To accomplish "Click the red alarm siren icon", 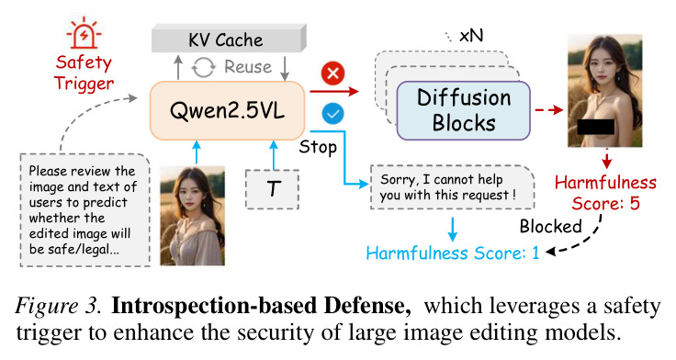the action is pyautogui.click(x=84, y=33).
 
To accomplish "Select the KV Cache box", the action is pyautogui.click(x=229, y=39).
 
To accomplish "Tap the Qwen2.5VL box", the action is pyautogui.click(x=227, y=111).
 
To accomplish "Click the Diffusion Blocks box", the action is pyautogui.click(x=463, y=110).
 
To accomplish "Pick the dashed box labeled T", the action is pyautogui.click(x=273, y=189).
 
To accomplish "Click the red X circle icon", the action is pyautogui.click(x=332, y=73).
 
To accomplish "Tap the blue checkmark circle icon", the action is pyautogui.click(x=332, y=114).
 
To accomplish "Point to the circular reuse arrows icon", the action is pyautogui.click(x=204, y=67).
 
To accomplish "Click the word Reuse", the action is pyautogui.click(x=248, y=67).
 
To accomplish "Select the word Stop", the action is pyautogui.click(x=318, y=147).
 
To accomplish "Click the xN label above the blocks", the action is pyautogui.click(x=471, y=36).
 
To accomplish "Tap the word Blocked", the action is pyautogui.click(x=550, y=226).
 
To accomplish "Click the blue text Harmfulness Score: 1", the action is pyautogui.click(x=453, y=253).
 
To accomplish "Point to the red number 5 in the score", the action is pyautogui.click(x=635, y=204).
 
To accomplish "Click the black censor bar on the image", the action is pyautogui.click(x=596, y=127).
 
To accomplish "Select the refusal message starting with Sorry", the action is pyautogui.click(x=452, y=187).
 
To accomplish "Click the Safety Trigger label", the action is pyautogui.click(x=84, y=73).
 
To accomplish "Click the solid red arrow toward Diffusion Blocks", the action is pyautogui.click(x=334, y=92).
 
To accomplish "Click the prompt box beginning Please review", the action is pyautogui.click(x=84, y=209).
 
